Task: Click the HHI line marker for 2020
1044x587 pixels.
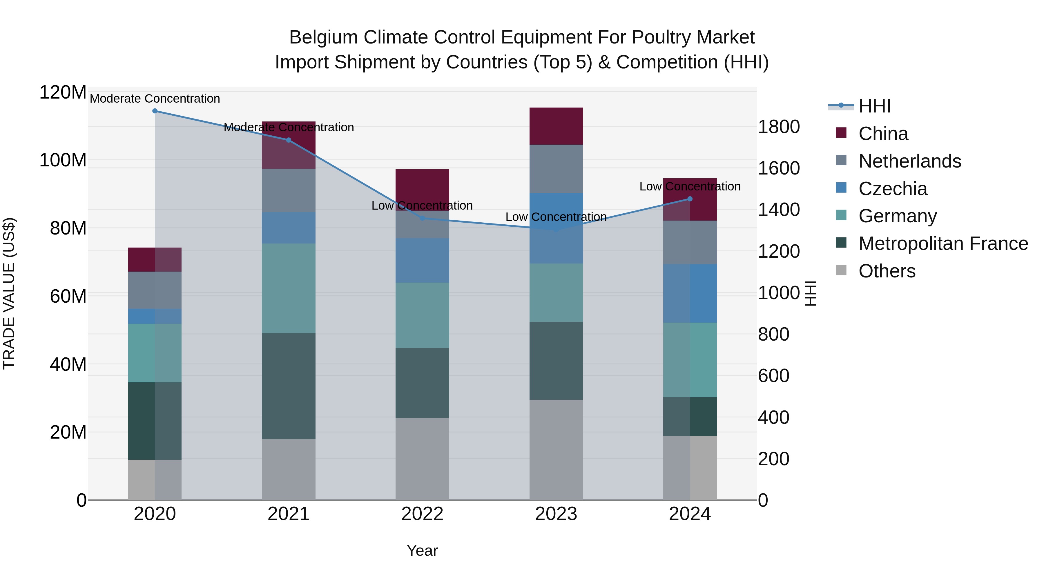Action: [x=155, y=111]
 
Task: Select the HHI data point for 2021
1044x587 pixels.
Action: [x=289, y=140]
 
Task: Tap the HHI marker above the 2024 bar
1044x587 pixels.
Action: [x=690, y=199]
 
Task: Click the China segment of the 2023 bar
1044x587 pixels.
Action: [x=556, y=126]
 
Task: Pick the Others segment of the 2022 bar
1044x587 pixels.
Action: [x=422, y=459]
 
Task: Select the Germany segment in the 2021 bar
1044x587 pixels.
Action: [x=289, y=288]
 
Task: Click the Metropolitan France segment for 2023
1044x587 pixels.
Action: [x=556, y=361]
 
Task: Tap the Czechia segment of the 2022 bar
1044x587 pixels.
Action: [x=422, y=261]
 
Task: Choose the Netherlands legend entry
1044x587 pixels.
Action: [x=909, y=161]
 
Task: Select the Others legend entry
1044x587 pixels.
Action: [x=887, y=271]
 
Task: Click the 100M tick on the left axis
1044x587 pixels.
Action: [x=63, y=160]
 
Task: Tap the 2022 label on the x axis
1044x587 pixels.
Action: [x=422, y=514]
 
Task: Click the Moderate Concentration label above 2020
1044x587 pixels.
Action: [x=155, y=99]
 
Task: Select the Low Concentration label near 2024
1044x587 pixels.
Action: [x=690, y=186]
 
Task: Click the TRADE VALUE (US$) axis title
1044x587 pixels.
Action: [x=9, y=293]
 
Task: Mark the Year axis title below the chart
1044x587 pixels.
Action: [x=422, y=550]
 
